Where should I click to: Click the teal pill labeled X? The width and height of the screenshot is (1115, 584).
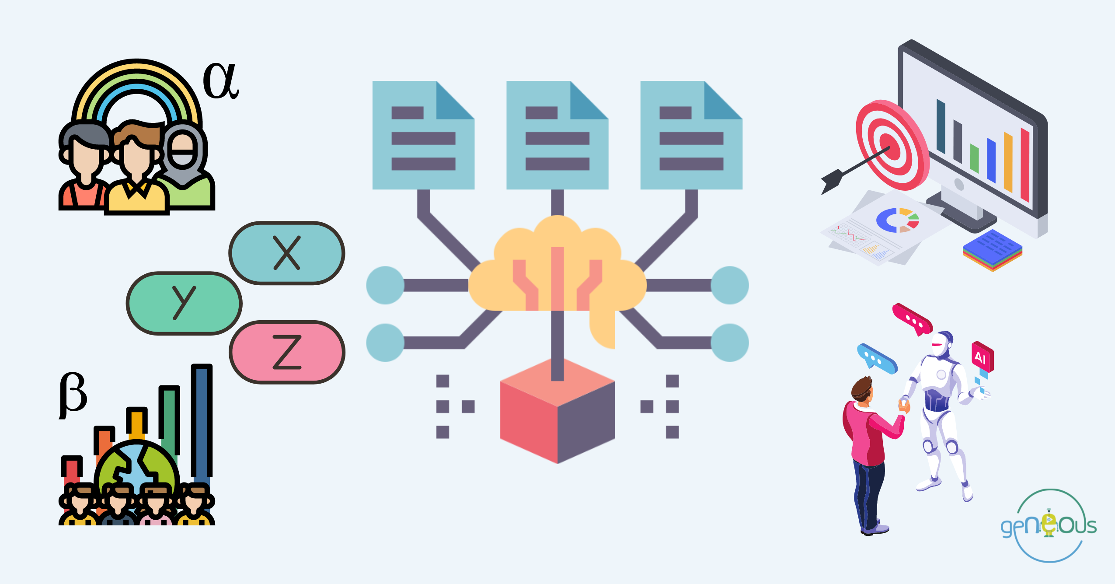(287, 253)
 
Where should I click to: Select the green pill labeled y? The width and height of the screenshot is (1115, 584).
(184, 303)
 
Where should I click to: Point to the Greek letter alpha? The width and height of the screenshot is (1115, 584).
(221, 81)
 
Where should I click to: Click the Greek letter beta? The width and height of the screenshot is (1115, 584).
(73, 394)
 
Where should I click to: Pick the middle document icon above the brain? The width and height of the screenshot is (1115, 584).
(557, 135)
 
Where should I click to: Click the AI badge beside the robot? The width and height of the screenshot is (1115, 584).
(982, 357)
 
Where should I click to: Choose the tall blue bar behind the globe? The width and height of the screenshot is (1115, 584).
(202, 420)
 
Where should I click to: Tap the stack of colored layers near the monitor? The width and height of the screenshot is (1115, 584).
(992, 251)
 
